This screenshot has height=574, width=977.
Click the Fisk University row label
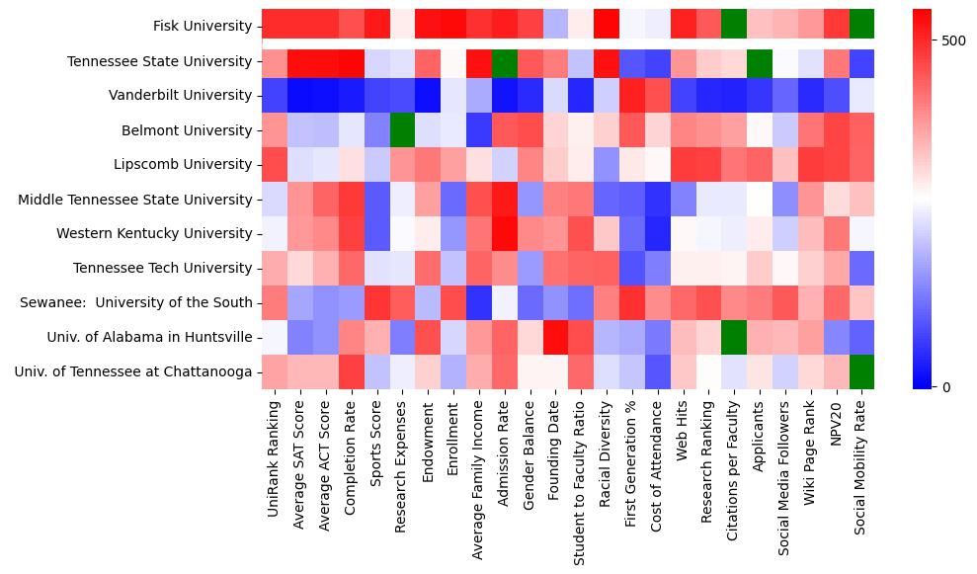203,27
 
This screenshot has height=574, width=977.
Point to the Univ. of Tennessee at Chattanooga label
133,372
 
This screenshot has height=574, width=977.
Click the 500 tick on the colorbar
954,41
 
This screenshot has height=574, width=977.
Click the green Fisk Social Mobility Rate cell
861,27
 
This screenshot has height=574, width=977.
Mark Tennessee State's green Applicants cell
759,61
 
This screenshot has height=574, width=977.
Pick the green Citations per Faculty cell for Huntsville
733,338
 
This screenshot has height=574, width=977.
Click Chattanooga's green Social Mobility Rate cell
861,372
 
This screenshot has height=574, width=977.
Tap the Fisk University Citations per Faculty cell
733,27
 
